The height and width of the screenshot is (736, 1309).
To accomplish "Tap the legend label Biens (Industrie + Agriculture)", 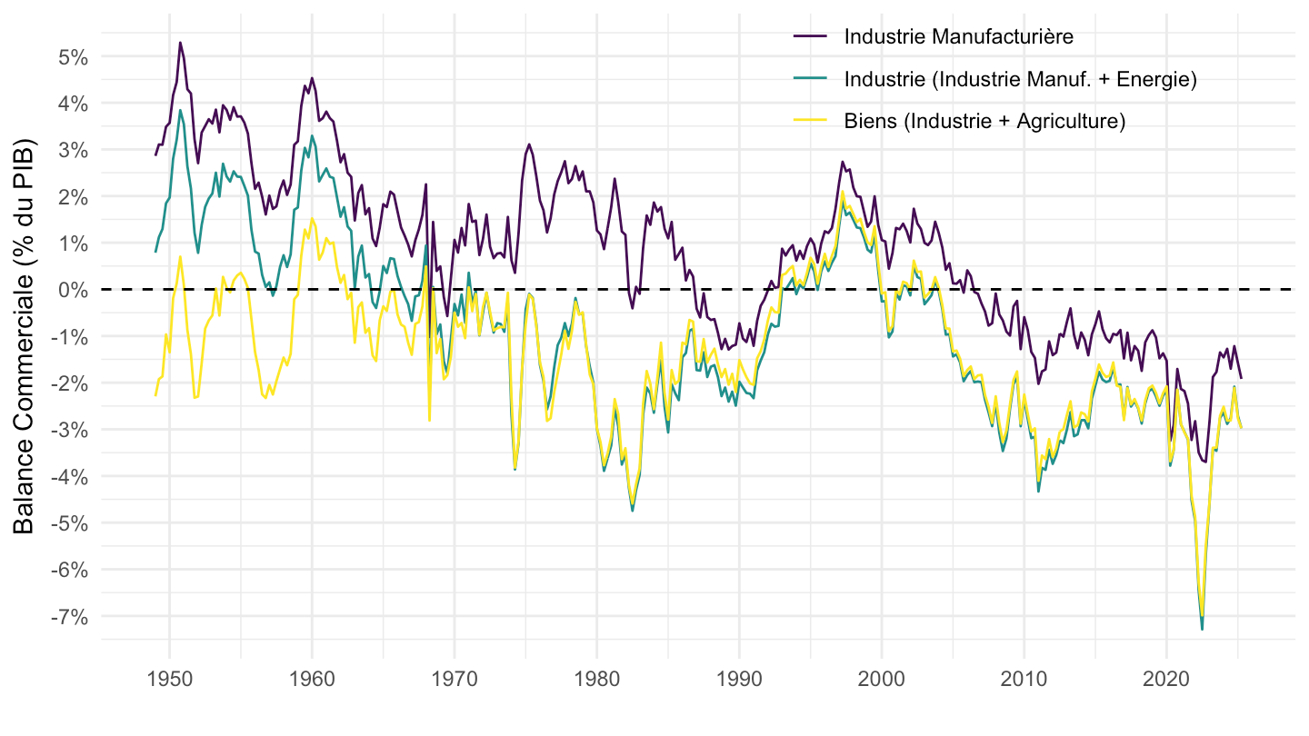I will pyautogui.click(x=984, y=122).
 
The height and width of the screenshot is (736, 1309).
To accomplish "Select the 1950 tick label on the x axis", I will pyautogui.click(x=169, y=678).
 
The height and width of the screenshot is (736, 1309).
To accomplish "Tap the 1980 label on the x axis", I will pyautogui.click(x=596, y=678).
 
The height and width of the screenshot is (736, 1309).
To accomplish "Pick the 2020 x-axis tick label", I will pyautogui.click(x=1166, y=678).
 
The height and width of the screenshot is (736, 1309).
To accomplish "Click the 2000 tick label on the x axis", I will pyautogui.click(x=882, y=678).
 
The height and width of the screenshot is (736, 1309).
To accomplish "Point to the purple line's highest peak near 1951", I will pyautogui.click(x=180, y=42).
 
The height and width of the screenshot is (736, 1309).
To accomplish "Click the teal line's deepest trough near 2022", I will pyautogui.click(x=1202, y=630).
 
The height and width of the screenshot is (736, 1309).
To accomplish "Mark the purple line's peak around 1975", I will pyautogui.click(x=529, y=144).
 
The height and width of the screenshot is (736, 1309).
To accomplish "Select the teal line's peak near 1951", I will pyautogui.click(x=180, y=110).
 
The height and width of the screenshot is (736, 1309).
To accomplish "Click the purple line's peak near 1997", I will pyautogui.click(x=843, y=163).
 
